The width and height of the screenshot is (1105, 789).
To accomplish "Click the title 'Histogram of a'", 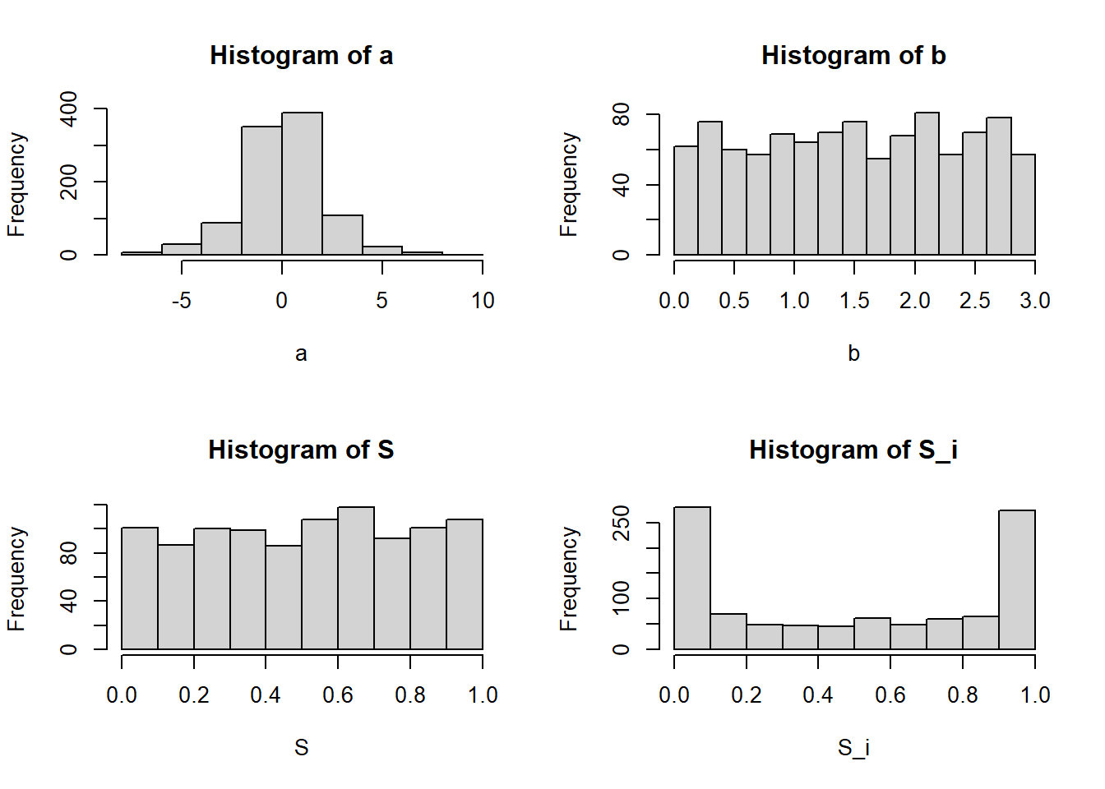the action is click(302, 55).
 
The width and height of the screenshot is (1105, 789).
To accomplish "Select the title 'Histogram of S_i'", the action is click(853, 450).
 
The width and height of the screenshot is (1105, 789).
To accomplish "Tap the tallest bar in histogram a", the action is click(302, 183).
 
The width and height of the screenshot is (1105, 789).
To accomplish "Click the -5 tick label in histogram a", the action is click(181, 300).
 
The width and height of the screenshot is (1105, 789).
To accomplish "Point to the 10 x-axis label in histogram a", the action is click(483, 300).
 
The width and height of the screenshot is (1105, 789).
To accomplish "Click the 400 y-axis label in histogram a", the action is click(68, 109).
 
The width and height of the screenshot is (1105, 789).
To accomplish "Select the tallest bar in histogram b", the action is click(927, 183).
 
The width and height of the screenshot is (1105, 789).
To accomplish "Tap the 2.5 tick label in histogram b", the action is click(975, 300).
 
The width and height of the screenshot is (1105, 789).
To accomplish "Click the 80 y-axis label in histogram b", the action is click(620, 114).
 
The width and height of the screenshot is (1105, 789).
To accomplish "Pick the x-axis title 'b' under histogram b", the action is click(854, 353).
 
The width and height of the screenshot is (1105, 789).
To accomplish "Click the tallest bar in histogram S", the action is click(356, 578).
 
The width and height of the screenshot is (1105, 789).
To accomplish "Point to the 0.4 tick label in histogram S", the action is click(266, 694).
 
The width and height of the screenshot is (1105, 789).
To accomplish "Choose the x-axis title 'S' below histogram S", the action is click(302, 748).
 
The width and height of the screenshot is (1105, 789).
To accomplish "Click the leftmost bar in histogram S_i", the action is click(692, 578).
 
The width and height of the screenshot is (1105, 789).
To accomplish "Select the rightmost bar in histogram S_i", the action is click(1017, 580).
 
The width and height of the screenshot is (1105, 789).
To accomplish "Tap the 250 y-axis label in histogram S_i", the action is click(620, 523).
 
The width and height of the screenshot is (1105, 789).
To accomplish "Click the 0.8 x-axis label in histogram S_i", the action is click(963, 694).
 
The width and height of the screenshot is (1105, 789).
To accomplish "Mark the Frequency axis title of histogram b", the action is click(568, 184).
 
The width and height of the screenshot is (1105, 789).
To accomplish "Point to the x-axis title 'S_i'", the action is click(853, 748).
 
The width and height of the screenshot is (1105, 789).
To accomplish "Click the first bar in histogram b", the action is click(687, 201).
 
